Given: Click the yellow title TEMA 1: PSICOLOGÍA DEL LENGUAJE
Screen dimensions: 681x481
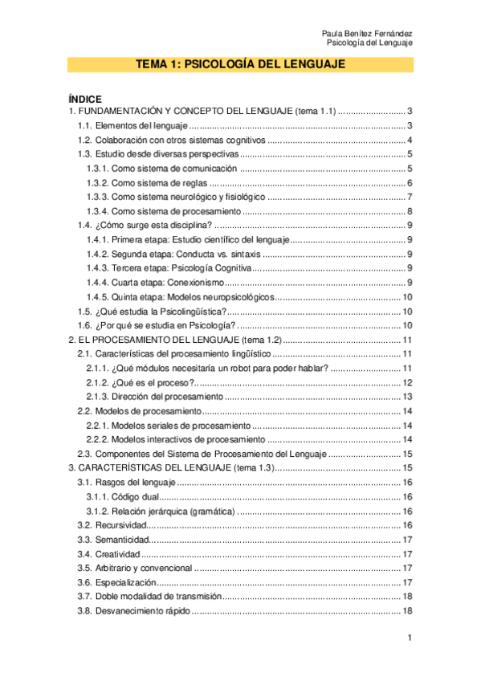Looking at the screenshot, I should tap(240, 65).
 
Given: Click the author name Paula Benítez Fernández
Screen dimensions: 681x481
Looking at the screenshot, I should tap(367, 32).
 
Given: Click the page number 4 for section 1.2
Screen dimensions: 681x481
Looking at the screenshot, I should tap(410, 140).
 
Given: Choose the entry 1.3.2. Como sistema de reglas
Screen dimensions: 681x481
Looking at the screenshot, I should tap(146, 182).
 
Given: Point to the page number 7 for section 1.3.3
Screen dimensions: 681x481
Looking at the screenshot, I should tap(410, 197).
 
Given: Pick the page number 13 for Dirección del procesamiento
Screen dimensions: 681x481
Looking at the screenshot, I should tap(407, 397).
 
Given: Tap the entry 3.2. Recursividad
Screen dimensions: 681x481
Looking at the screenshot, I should tap(112, 525).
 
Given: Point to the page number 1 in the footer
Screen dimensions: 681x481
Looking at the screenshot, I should tap(410, 638).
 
